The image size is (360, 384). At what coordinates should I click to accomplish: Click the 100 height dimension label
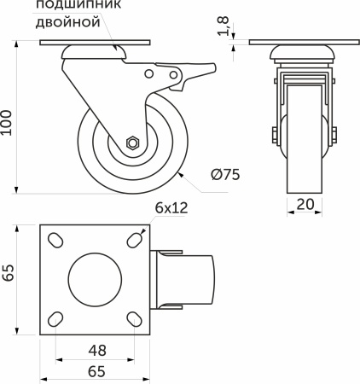click(6, 123)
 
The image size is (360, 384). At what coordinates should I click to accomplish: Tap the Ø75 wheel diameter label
click(225, 174)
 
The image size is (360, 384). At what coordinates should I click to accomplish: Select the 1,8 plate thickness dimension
click(224, 26)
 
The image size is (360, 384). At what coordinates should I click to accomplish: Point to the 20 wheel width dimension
click(305, 204)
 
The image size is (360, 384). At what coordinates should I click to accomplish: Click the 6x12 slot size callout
click(171, 208)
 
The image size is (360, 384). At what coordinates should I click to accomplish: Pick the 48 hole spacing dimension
click(97, 351)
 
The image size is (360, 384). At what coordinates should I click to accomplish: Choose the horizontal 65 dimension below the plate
click(96, 371)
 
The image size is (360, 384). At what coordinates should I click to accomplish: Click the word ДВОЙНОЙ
click(68, 23)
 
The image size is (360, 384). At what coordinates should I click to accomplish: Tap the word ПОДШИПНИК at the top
click(78, 5)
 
